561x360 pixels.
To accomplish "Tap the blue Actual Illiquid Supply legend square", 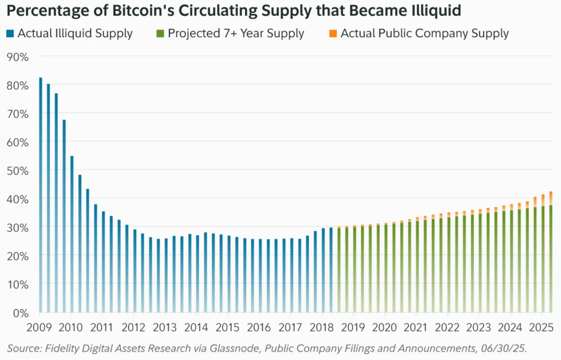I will (10, 33).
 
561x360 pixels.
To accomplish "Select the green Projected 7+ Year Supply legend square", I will (160, 33).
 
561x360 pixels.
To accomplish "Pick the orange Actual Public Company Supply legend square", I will (333, 33).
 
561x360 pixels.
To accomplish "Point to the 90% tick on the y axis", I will (18, 57).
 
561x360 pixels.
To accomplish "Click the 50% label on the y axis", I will (18, 171).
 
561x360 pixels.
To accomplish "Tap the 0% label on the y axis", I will (21, 313).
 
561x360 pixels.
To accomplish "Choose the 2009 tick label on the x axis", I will (39, 328).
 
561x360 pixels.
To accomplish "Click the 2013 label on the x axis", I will (165, 328).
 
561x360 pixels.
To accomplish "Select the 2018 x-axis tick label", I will (321, 328).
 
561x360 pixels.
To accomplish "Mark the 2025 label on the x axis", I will (540, 328).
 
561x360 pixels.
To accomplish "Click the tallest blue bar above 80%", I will (41, 195).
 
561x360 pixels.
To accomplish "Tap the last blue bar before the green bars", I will (331, 269).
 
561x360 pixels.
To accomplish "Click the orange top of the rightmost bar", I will (551, 198).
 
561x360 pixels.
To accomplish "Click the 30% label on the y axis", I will (18, 227).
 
